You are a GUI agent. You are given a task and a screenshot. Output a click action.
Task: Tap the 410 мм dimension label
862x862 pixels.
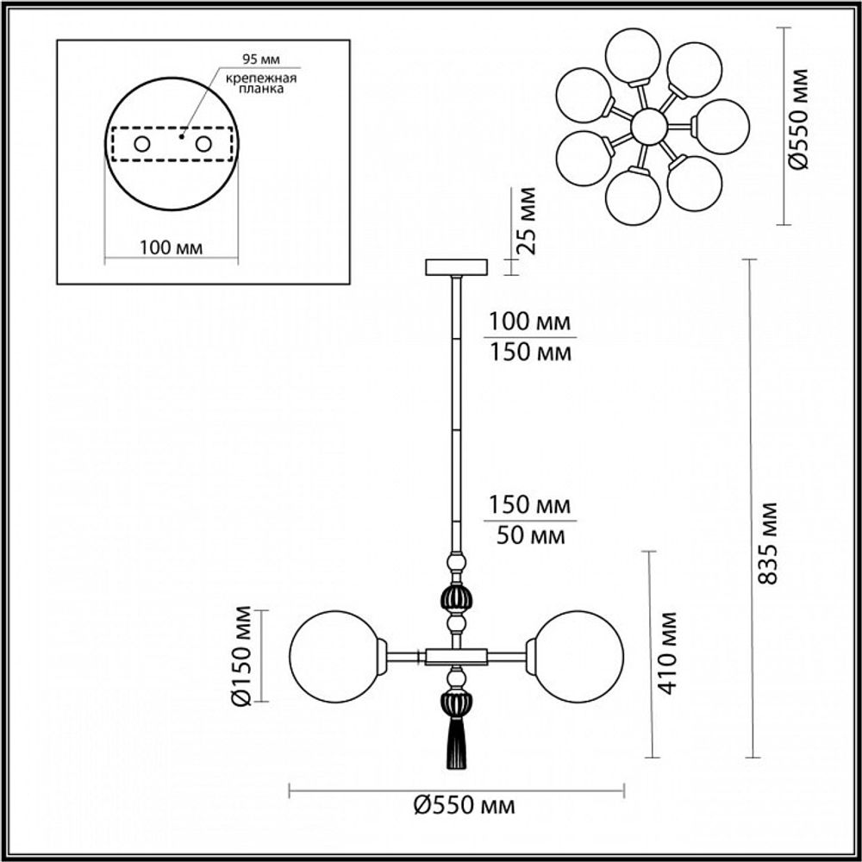coord(666,653)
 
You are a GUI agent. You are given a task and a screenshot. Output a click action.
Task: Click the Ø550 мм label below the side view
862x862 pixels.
coord(464,806)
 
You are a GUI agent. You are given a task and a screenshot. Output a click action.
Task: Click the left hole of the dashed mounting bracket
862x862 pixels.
coord(141,144)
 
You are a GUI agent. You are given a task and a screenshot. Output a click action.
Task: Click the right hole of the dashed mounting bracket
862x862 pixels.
coord(203,144)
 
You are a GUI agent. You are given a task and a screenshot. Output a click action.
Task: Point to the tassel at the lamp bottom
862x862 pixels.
coord(456,745)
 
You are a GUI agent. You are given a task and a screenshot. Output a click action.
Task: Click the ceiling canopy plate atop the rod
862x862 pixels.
coord(456,266)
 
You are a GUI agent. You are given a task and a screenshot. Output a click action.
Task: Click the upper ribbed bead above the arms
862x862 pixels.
coord(457,597)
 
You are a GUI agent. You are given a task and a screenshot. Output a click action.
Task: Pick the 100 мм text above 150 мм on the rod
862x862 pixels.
coord(528,323)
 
